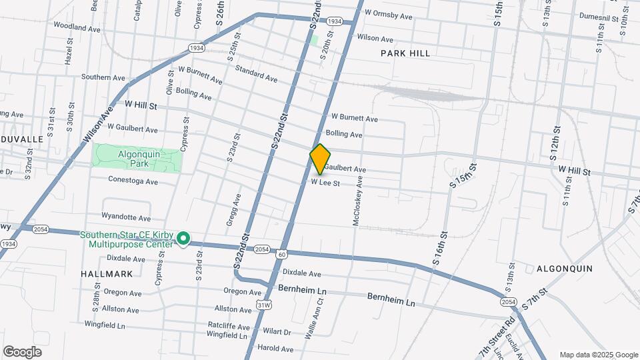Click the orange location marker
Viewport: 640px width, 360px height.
click(321, 159)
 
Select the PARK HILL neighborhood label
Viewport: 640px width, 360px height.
click(405, 53)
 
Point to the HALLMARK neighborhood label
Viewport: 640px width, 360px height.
click(102, 273)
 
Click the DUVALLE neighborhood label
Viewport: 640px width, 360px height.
click(22, 139)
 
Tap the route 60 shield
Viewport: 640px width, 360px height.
click(282, 254)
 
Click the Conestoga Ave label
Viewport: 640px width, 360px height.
click(133, 181)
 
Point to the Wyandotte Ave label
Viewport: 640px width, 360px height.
click(126, 217)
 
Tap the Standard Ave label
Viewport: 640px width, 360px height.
click(256, 74)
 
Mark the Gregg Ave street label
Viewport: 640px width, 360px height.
click(233, 210)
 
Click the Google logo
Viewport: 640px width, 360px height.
click(21, 351)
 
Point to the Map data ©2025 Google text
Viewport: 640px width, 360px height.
click(598, 355)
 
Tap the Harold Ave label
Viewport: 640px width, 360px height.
click(275, 348)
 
